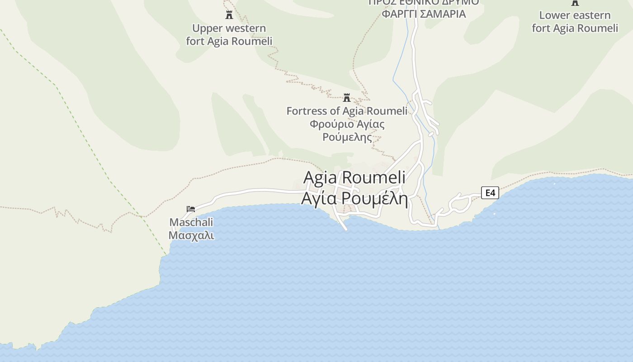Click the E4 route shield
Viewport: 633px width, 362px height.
click(x=490, y=193)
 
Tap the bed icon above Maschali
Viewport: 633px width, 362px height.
click(x=191, y=209)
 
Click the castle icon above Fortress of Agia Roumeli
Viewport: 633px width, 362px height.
click(x=347, y=97)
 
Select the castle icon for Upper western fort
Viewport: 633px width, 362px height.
click(x=229, y=14)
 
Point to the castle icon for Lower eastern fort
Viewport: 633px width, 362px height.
click(x=575, y=2)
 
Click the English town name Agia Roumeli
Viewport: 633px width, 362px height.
click(x=354, y=177)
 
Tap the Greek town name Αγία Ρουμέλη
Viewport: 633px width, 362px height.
click(x=354, y=198)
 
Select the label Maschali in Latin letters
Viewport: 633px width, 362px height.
click(x=191, y=222)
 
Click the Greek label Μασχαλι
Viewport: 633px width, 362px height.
click(x=191, y=235)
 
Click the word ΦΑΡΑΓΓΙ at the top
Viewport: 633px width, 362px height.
click(x=398, y=14)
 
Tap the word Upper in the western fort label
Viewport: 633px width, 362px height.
click(x=208, y=28)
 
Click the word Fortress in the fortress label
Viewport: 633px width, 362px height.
click(x=307, y=111)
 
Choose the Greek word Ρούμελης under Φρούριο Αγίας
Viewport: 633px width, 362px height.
click(x=347, y=137)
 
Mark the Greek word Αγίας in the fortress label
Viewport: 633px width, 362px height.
click(x=370, y=124)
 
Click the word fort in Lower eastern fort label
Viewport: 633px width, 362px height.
click(x=541, y=28)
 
